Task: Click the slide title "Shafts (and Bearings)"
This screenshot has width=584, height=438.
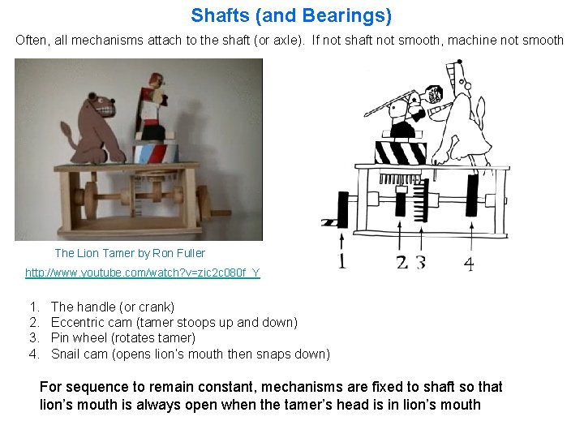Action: (x=291, y=15)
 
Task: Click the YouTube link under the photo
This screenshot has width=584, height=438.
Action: (x=143, y=273)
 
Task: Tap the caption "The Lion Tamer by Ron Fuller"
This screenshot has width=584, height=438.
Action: (x=130, y=253)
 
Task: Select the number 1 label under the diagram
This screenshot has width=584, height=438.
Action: (x=342, y=261)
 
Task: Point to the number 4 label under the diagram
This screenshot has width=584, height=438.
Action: (x=469, y=263)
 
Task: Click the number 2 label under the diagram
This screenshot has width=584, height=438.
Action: (x=401, y=262)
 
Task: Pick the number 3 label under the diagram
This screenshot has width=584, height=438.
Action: (x=420, y=262)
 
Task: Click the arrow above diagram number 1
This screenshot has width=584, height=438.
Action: (x=342, y=241)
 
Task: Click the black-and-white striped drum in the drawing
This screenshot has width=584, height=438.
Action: (x=401, y=152)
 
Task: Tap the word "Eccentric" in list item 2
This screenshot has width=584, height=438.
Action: (x=75, y=322)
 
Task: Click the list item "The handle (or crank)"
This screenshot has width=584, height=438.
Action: (x=112, y=307)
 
